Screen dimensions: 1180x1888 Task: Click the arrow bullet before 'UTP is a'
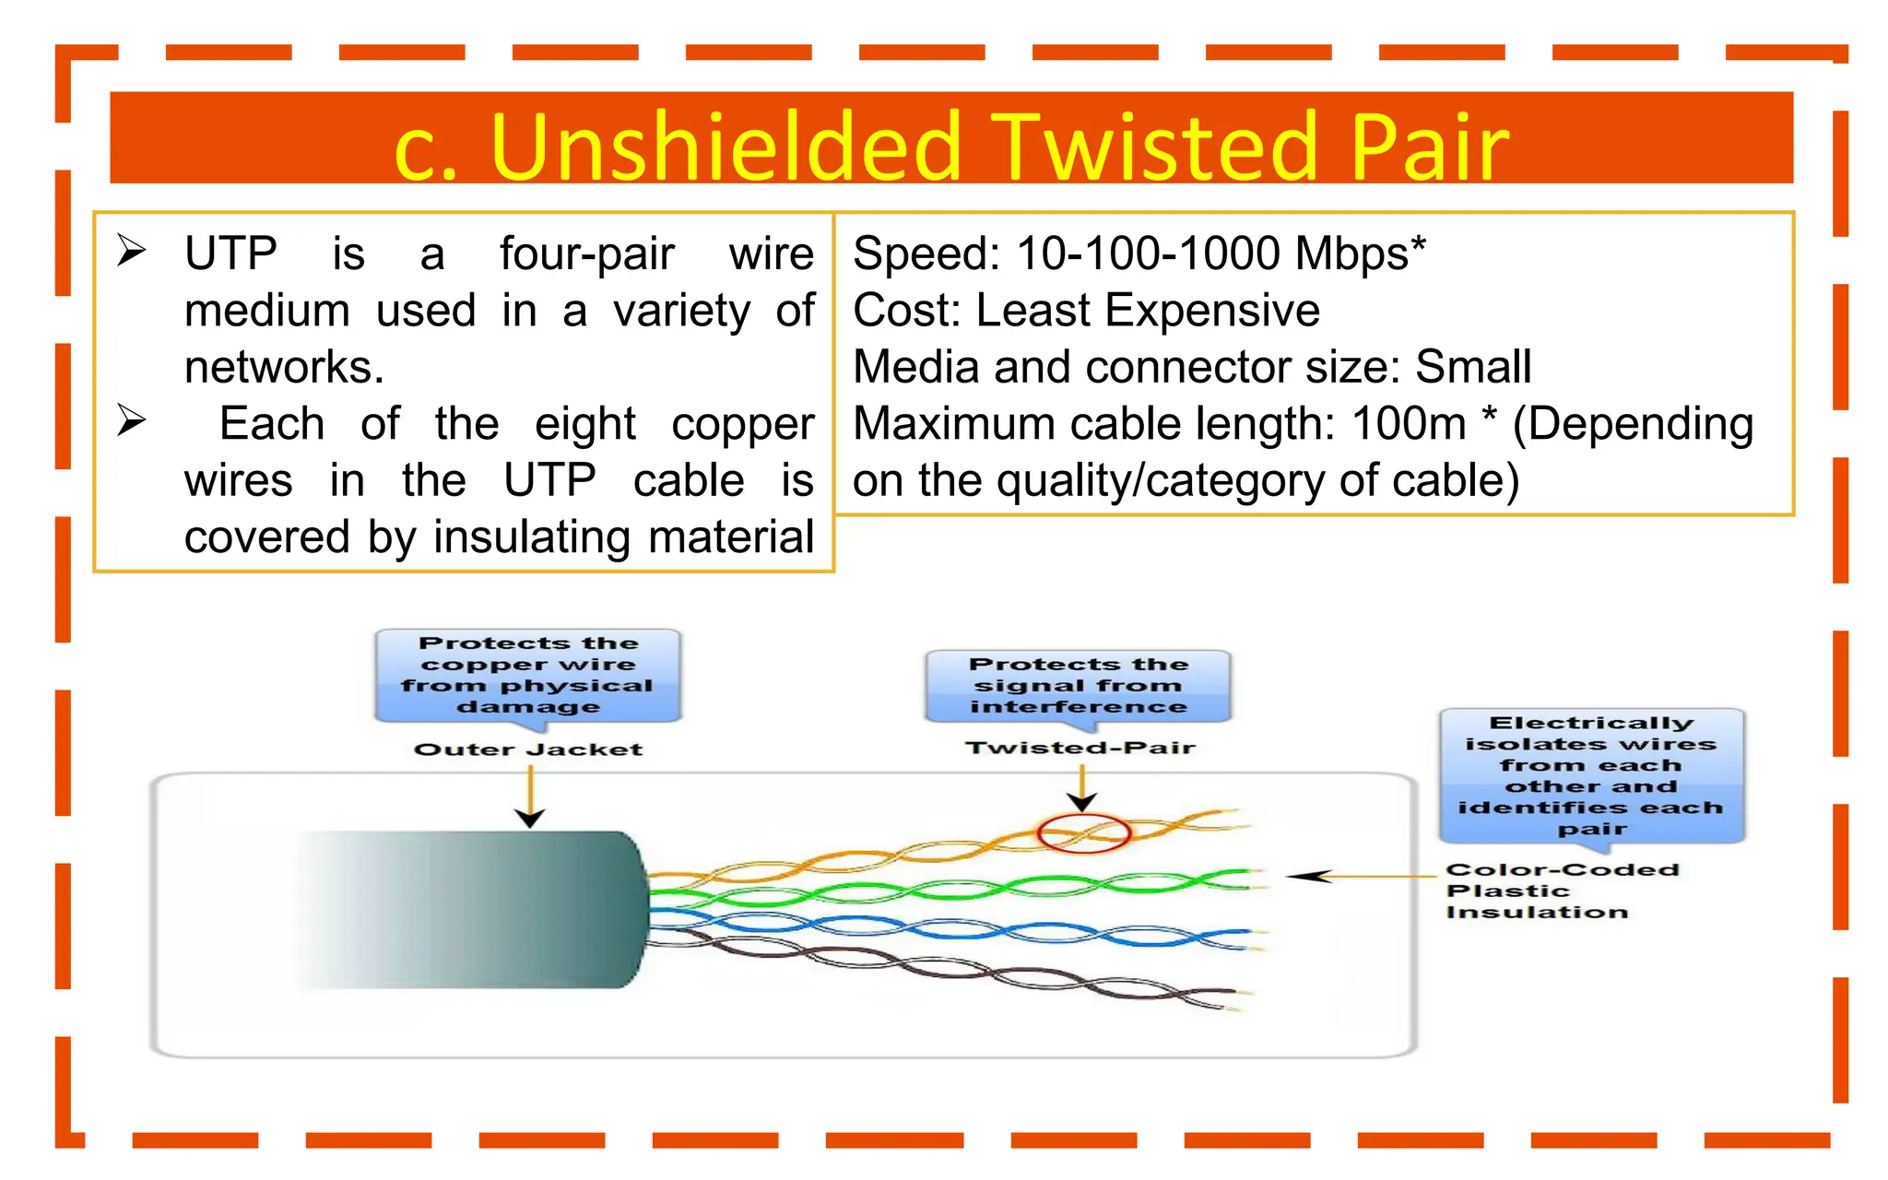coord(132,251)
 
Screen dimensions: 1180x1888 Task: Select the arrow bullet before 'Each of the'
coord(132,421)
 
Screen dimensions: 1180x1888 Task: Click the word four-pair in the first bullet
coord(586,254)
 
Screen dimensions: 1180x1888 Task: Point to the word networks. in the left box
coord(284,368)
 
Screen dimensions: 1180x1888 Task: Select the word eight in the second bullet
coord(584,424)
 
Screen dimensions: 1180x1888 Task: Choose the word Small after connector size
coord(1473,367)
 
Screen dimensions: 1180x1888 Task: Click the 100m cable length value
coord(1409,424)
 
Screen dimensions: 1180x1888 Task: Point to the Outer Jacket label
coord(528,749)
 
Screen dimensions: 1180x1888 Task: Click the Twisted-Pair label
coord(1080,748)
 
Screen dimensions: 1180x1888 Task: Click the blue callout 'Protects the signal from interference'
coord(1079,686)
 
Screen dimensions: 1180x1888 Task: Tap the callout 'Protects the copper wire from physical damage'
coord(528,675)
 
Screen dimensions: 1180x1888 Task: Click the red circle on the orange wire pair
coord(1083,833)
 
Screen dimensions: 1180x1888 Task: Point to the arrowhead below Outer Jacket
coord(530,818)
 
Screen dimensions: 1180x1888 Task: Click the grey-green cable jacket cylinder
coord(479,910)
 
